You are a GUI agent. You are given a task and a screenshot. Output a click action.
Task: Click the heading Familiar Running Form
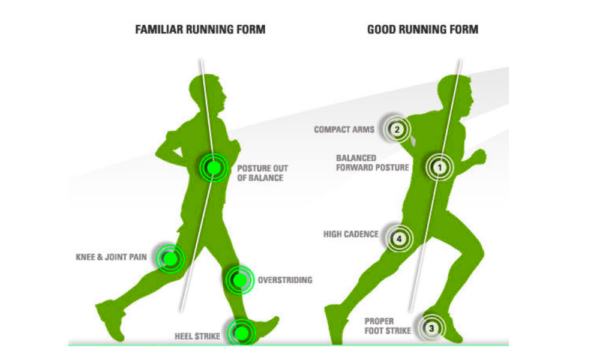[x=200, y=30]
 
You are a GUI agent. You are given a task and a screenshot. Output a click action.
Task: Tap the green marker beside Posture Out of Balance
[x=212, y=167]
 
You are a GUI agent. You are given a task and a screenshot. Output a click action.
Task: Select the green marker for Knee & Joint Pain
[x=170, y=259]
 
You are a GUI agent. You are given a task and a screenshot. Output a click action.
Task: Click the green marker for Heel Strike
[x=240, y=330]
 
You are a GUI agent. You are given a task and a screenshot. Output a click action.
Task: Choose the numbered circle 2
[x=397, y=128]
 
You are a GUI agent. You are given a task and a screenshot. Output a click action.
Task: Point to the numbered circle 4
[x=400, y=238]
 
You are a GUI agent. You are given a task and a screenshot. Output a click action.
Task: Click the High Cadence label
[x=350, y=236]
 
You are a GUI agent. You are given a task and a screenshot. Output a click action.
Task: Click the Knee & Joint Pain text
[x=112, y=257]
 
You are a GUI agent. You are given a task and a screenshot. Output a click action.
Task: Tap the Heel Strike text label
[x=191, y=336]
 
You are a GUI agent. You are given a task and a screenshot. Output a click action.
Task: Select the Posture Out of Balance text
[x=264, y=172]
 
